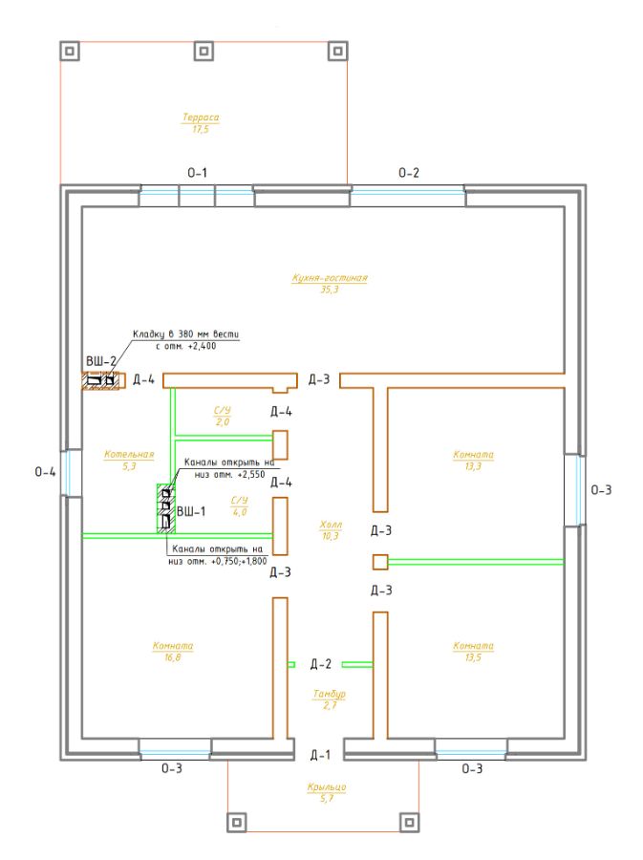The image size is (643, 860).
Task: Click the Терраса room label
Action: pos(200,123)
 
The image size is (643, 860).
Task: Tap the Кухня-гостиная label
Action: pos(330,283)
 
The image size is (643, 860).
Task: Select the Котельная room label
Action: pos(129,460)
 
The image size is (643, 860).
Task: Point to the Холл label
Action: pos(330,529)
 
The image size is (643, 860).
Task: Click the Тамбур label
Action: pos(330,699)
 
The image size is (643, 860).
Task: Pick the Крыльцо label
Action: pos(327,792)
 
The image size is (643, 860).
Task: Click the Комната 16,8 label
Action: pos(173,651)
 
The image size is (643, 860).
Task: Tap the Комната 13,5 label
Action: pos(473,651)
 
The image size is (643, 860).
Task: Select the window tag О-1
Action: pos(198,173)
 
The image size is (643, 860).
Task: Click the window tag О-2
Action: pos(408,173)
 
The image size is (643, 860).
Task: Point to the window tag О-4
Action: pos(46,472)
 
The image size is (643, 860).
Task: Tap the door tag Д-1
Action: pos(320,755)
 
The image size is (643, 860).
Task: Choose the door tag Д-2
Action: pos(321,664)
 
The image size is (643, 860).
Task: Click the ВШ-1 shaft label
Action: pos(191,512)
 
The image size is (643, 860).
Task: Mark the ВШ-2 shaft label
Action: pos(101,361)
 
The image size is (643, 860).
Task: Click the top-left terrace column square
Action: pos(70,52)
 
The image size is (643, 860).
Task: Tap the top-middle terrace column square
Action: pos(204,52)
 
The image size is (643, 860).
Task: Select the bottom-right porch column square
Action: pos(409,822)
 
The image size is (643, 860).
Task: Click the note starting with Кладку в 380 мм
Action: pos(185,340)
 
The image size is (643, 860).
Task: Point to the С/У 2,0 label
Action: pos(222,417)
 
